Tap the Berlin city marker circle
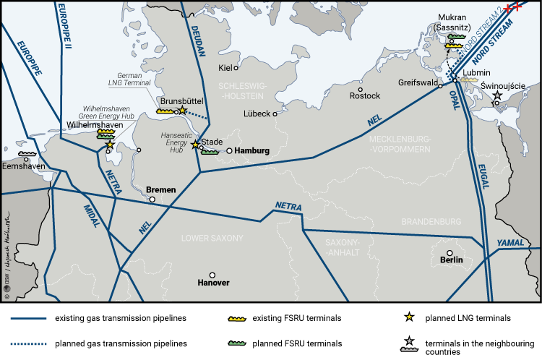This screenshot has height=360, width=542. (x=449, y=244)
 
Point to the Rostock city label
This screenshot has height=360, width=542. (x=364, y=96)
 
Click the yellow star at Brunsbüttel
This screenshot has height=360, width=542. (x=183, y=110)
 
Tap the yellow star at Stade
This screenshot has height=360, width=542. (x=195, y=145)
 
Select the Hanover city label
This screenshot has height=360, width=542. (x=213, y=283)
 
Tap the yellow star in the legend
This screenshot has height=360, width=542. (x=410, y=317)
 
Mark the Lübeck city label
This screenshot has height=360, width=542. (x=257, y=114)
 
